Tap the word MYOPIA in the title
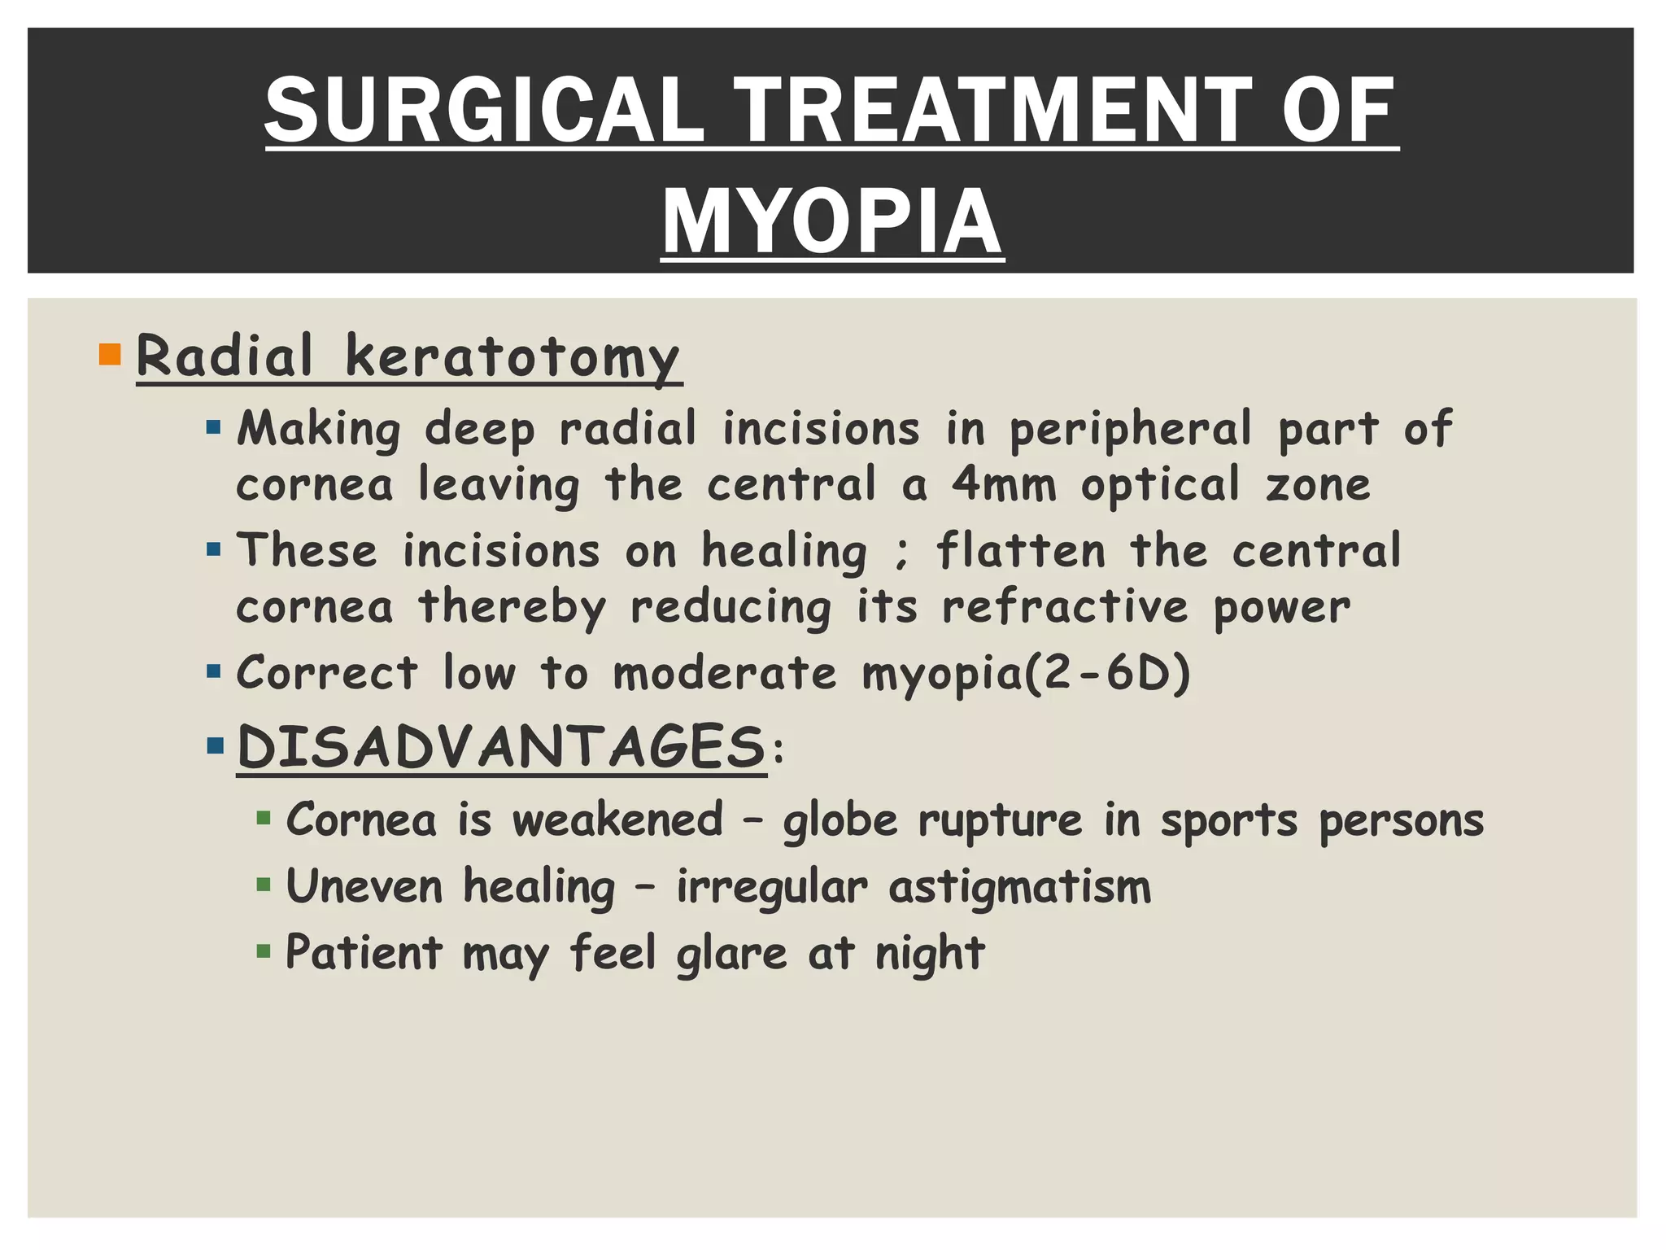point(832,221)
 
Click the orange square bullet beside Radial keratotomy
point(109,355)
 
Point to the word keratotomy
point(512,356)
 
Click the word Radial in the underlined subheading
point(225,356)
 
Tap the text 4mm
point(1004,484)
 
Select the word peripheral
point(1130,429)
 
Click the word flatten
point(1021,551)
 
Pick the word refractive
point(1065,607)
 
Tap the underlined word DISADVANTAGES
point(501,746)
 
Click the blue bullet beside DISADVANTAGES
point(215,745)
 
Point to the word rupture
point(1000,820)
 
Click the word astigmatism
point(1020,886)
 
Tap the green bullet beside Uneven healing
point(263,885)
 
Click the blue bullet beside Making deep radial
point(214,427)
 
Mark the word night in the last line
point(929,953)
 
